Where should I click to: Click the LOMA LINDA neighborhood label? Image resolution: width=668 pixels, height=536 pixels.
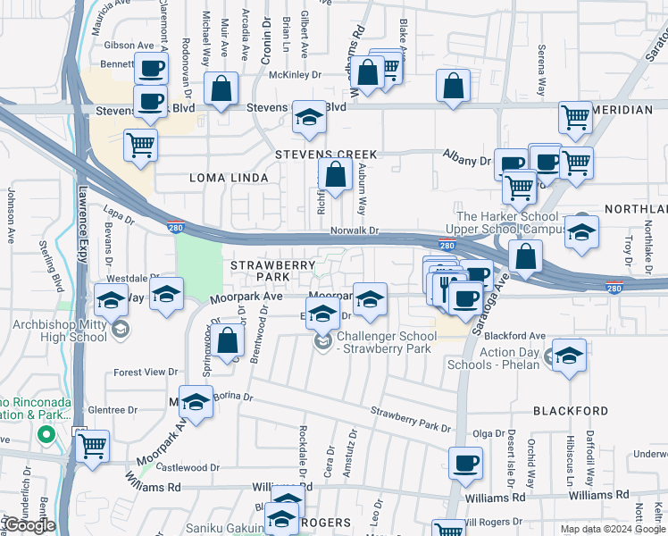[x=229, y=178]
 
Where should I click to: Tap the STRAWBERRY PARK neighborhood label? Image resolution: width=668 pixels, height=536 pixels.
[x=273, y=272]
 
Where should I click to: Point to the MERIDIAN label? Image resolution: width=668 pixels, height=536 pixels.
[x=622, y=109]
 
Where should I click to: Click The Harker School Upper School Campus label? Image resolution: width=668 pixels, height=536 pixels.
[x=509, y=223]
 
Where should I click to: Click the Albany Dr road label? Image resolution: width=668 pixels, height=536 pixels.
[x=467, y=161]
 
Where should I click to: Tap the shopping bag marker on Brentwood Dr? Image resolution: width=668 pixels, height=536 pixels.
[x=229, y=341]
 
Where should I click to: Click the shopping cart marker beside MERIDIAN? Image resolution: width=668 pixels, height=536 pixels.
[x=576, y=116]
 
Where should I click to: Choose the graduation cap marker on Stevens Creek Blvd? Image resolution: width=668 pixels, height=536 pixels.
[x=309, y=118]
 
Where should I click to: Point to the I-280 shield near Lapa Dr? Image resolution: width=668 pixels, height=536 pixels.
[x=176, y=227]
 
